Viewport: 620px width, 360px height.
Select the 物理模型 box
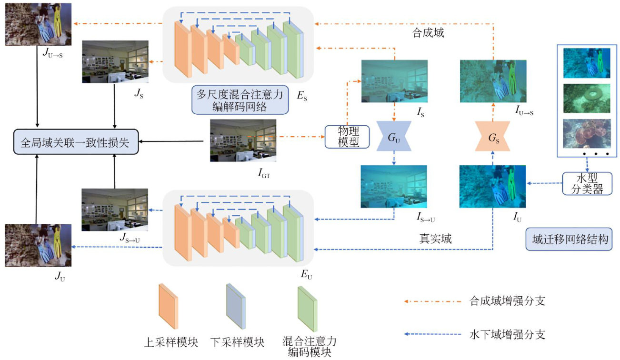pos(348,136)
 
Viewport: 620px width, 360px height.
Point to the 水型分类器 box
pos(583,183)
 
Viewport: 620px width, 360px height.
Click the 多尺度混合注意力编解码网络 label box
pos(240,100)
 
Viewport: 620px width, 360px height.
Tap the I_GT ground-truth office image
pos(243,140)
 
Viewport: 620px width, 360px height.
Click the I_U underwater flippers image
pos(493,187)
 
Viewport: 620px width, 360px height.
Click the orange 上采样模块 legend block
pos(168,306)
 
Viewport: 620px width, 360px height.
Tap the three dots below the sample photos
pos(595,154)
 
